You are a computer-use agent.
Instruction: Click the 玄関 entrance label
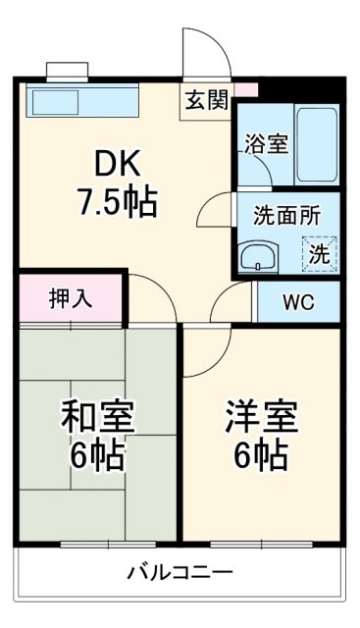(x=206, y=100)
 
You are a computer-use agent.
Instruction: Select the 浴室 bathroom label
(x=266, y=142)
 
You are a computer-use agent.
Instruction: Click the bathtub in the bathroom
(x=317, y=143)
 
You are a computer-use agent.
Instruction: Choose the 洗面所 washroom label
(x=286, y=216)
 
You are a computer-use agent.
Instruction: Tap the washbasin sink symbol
(x=258, y=258)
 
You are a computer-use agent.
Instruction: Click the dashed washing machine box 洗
(x=319, y=253)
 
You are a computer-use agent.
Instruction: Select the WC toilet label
(x=298, y=302)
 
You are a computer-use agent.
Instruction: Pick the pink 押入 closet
(x=71, y=298)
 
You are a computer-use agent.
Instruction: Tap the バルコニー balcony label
(x=180, y=572)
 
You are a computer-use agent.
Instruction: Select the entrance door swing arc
(x=204, y=54)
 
